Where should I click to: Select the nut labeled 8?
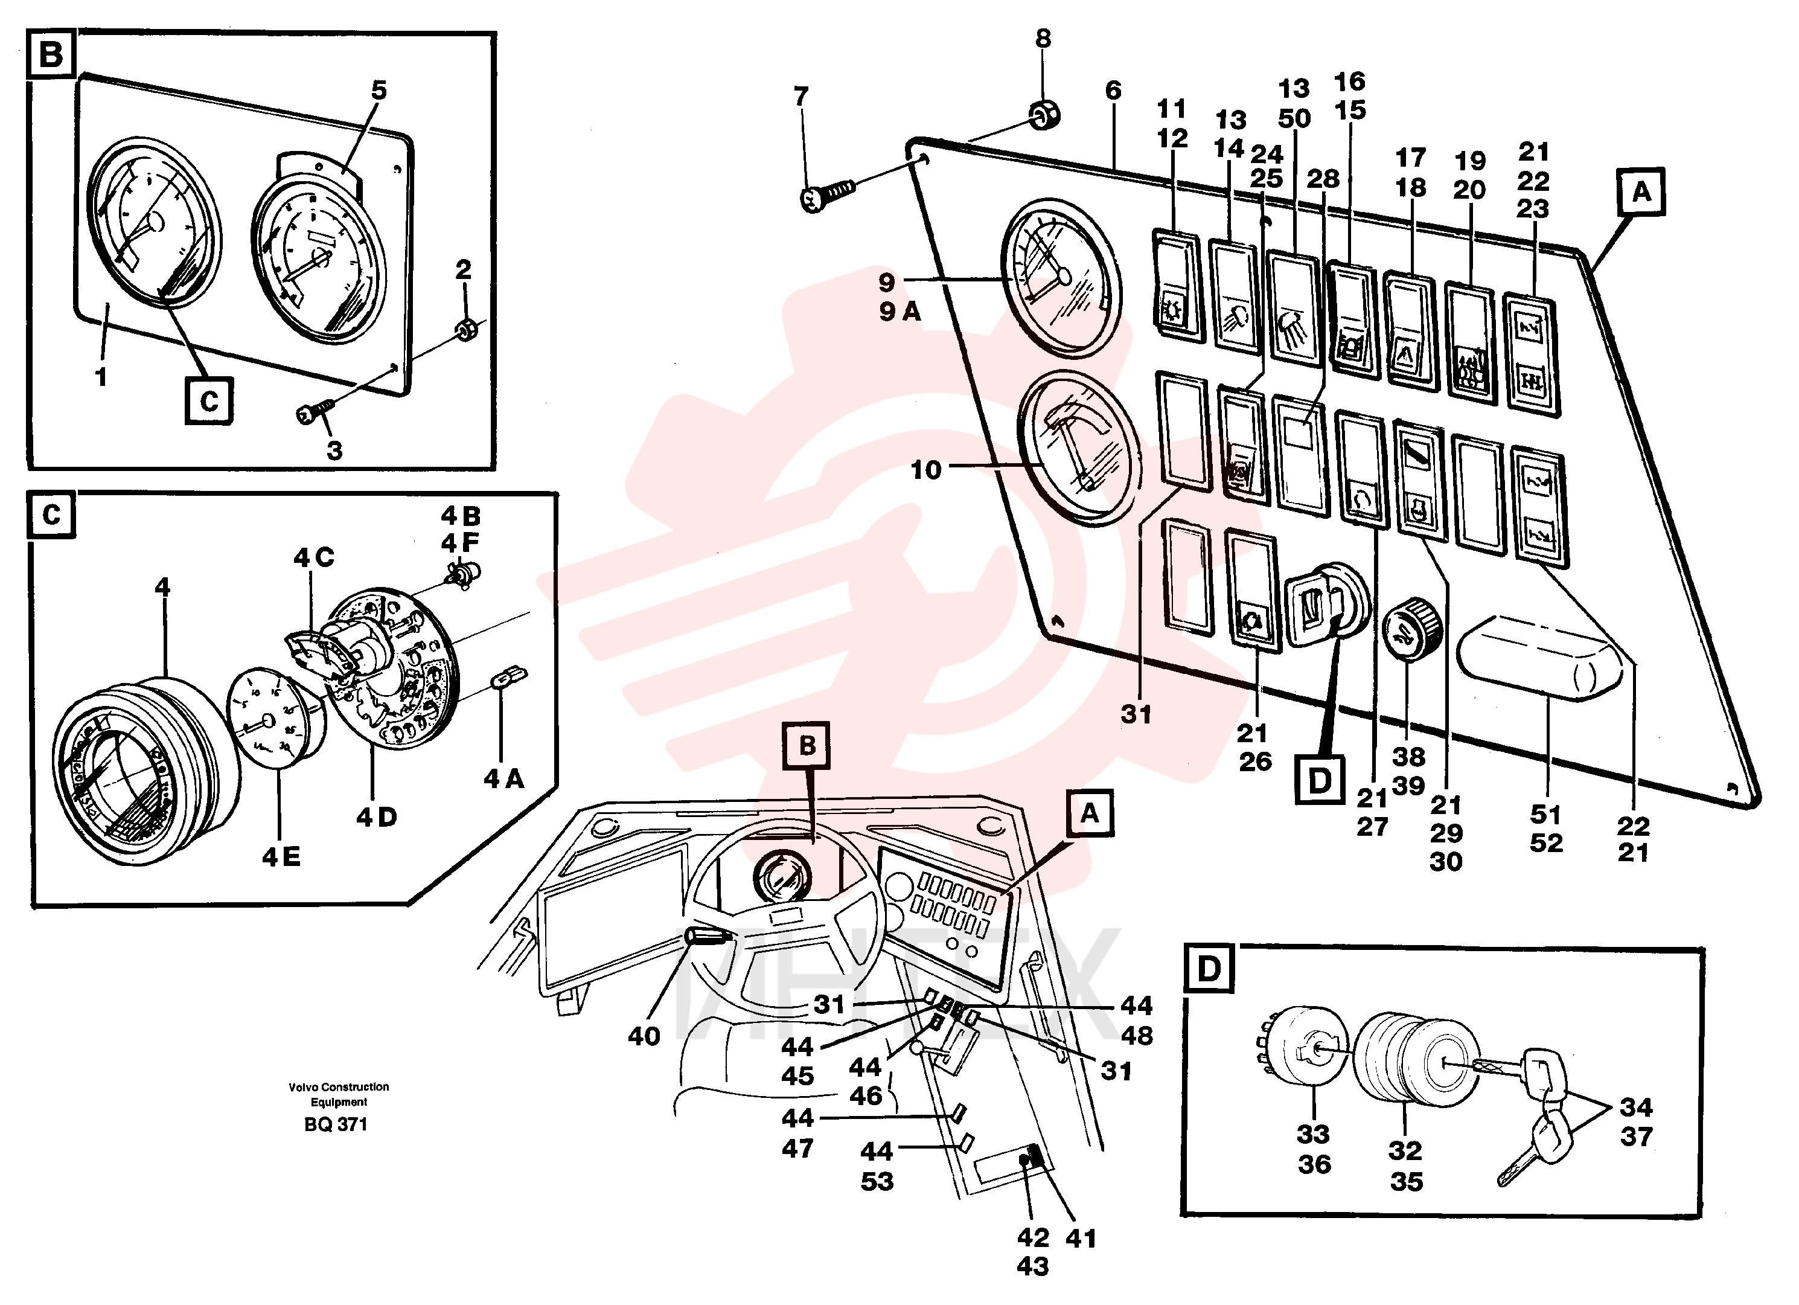pos(1044,116)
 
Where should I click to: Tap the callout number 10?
pos(925,470)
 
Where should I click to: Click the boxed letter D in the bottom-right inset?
pos(1209,969)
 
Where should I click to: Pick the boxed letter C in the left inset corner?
pos(51,516)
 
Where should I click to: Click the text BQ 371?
pos(336,1125)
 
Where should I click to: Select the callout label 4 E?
pos(281,857)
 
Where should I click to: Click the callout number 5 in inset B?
pos(379,91)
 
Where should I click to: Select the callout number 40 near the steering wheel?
pos(644,1036)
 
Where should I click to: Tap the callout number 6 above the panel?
pos(1113,91)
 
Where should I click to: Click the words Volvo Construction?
pos(339,1087)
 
